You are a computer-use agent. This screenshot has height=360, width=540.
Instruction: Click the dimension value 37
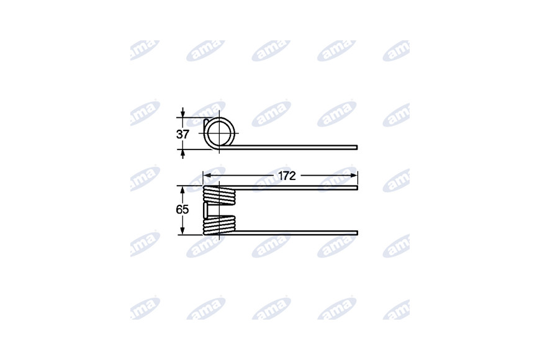[x=182, y=134]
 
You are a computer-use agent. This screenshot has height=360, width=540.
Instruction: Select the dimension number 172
[x=287, y=176]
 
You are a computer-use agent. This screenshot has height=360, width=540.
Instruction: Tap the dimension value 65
[x=182, y=209]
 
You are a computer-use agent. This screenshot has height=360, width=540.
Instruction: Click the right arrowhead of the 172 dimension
[x=354, y=176]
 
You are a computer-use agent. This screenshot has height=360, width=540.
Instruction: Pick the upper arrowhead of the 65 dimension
[x=182, y=190]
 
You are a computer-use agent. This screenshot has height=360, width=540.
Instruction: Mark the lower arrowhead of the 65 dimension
[x=182, y=230]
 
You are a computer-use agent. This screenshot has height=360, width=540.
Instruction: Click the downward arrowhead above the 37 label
[x=182, y=114]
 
